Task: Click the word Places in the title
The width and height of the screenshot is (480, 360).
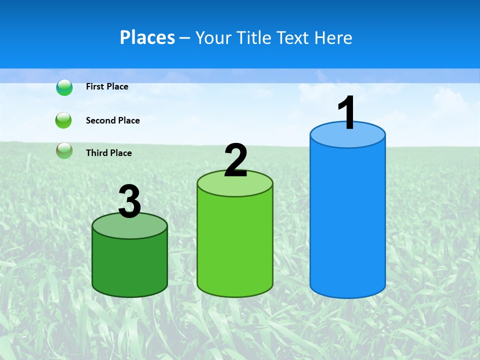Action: pos(147,37)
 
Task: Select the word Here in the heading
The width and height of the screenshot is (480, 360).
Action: pos(333,37)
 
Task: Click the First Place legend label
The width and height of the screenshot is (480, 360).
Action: pos(107,86)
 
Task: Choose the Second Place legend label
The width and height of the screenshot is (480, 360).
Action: pos(112,120)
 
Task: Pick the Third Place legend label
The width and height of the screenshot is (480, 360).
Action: pos(108,153)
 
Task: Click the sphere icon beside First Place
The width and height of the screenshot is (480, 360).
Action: pos(64,87)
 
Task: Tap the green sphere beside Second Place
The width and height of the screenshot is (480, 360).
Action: pos(64,120)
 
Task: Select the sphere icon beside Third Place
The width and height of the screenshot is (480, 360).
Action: pos(64,150)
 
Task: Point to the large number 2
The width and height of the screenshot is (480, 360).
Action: pos(235,160)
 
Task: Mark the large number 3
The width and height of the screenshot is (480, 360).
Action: pos(129,201)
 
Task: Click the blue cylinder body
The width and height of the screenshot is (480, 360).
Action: pos(347,220)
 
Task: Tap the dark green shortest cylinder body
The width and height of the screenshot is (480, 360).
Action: pos(129,265)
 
